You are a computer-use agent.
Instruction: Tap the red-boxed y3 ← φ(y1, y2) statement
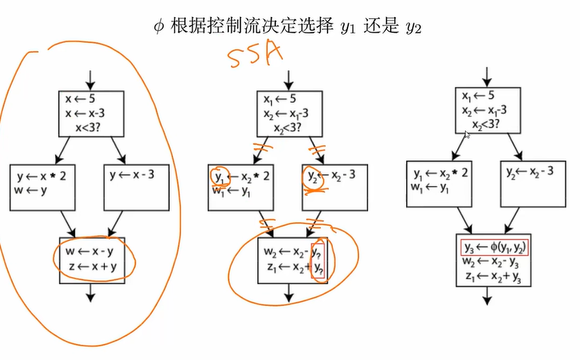[495, 247]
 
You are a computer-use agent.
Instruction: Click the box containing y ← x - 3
[135, 187]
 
